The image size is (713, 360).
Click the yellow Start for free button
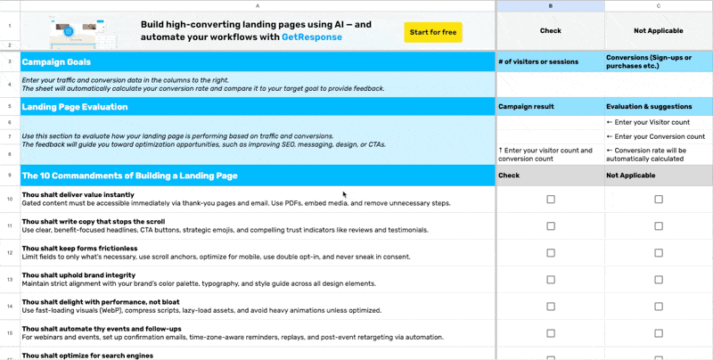432,32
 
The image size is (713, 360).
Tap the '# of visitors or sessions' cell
538,61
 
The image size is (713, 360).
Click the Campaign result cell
526,106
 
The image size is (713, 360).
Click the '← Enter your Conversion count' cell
655,136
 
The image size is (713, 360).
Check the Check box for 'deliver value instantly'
550,200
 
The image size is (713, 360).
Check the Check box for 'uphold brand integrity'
550,281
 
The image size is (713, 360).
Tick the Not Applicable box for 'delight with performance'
658,306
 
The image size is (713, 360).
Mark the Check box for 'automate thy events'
550,332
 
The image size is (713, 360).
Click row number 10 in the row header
10,200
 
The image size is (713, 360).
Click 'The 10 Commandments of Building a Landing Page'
129,176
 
